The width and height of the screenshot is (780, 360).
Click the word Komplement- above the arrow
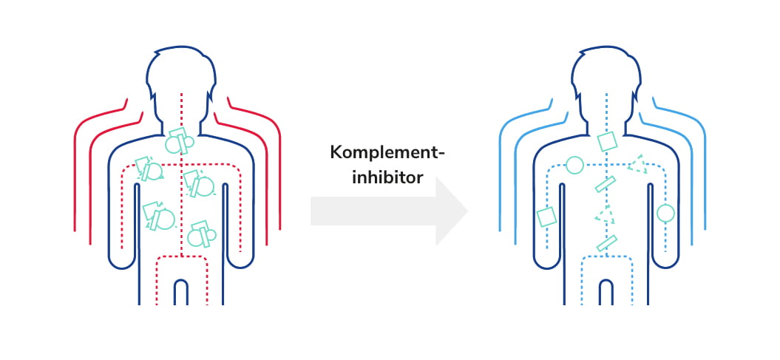click(387, 154)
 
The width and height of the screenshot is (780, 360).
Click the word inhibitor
click(387, 177)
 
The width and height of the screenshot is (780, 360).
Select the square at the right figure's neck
click(606, 140)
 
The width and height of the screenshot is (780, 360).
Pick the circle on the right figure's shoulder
click(574, 165)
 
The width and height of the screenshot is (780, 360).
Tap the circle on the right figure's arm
click(665, 214)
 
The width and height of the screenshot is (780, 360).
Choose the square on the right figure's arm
click(546, 217)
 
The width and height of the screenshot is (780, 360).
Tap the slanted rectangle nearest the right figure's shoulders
click(606, 184)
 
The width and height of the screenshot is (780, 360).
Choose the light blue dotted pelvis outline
click(606, 258)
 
